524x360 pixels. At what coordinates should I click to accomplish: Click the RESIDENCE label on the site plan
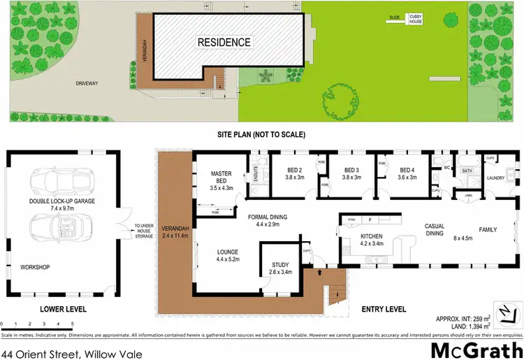coord(224,43)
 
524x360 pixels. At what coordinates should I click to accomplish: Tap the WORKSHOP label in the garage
coord(34,267)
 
